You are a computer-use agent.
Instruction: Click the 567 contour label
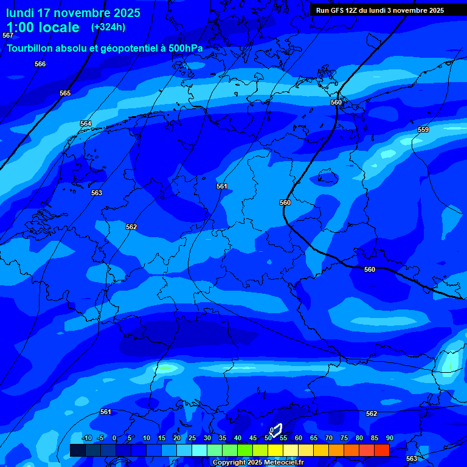coord(7,36)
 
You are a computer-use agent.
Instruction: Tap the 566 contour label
coord(40,64)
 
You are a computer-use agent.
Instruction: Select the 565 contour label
coord(65,93)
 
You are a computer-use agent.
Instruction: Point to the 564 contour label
coord(86,123)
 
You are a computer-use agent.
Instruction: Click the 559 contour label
coord(423,130)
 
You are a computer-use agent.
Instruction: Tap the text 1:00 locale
coord(43,27)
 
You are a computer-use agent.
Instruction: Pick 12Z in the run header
coord(355,10)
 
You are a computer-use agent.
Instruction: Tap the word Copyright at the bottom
coord(230,463)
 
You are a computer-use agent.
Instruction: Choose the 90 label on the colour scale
coord(390,438)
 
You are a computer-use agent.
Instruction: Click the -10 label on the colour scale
coord(86,438)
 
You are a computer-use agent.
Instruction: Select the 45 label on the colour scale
coord(253,438)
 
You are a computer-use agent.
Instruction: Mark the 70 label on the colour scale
coord(329,438)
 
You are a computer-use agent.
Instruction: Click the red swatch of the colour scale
coord(381,450)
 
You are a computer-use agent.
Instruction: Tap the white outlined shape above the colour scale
coord(277,431)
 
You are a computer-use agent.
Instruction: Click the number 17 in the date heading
coord(44,13)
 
